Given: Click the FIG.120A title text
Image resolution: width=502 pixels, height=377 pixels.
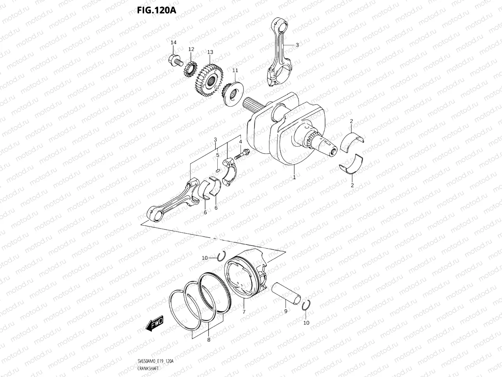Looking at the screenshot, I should pyautogui.click(x=156, y=10).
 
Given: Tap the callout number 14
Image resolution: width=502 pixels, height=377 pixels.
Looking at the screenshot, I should pyautogui.click(x=173, y=43).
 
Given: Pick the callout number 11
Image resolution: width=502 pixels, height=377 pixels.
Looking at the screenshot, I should pyautogui.click(x=235, y=70).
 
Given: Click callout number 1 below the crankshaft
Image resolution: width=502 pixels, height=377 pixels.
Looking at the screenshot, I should pyautogui.click(x=294, y=177).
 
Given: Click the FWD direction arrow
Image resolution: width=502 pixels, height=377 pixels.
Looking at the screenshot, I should pyautogui.click(x=154, y=324).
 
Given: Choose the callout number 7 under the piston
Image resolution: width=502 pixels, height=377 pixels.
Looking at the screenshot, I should pyautogui.click(x=243, y=312).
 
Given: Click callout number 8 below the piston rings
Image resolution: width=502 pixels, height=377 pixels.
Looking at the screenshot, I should pyautogui.click(x=209, y=340).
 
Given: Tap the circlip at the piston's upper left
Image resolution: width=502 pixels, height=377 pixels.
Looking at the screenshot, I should pyautogui.click(x=221, y=256).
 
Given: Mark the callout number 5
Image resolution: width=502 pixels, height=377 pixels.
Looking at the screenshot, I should pyautogui.click(x=217, y=155).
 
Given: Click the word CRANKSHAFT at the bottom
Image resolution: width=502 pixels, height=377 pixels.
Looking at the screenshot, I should pyautogui.click(x=148, y=369).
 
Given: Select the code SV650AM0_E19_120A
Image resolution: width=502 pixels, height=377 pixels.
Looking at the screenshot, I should pyautogui.click(x=155, y=362).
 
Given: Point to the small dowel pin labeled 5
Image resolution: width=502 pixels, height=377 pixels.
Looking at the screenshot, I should pyautogui.click(x=218, y=170).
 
